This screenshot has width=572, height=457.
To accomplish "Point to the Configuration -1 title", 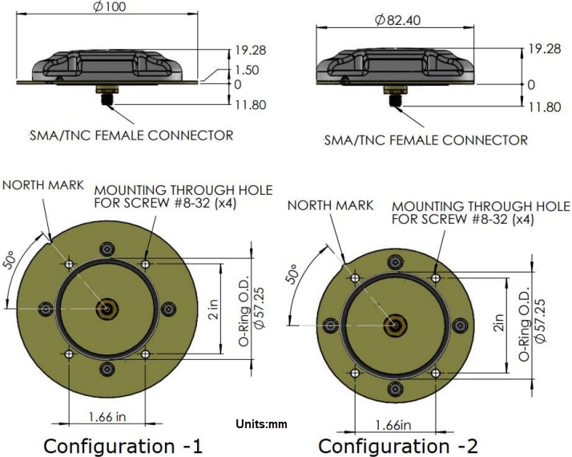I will tap(123, 445).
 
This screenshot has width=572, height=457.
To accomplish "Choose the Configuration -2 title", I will tap(397, 445).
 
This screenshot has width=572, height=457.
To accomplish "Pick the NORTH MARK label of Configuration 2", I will tap(330, 205).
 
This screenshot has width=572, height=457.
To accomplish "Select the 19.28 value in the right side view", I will tap(543, 49).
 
